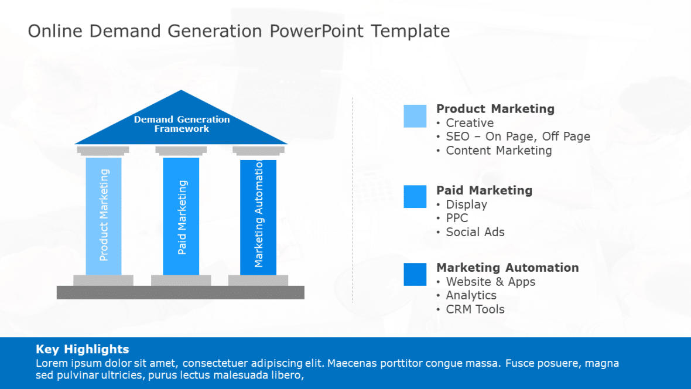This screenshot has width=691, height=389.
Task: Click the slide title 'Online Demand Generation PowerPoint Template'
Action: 239,31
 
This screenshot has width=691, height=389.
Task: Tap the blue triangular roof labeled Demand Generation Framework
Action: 182,124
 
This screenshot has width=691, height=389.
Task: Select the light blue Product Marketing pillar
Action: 104,216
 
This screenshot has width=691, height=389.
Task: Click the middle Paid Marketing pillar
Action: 181,216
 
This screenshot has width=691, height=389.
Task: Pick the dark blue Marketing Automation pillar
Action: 258,216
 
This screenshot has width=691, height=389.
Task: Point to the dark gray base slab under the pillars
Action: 180,292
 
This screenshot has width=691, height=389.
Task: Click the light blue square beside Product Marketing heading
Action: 415,116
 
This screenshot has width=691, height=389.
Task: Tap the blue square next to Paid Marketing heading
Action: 415,196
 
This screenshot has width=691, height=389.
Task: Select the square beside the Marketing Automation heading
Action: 415,274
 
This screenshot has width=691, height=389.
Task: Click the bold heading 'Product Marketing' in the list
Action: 495,109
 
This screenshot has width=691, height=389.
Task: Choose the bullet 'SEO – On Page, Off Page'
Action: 518,137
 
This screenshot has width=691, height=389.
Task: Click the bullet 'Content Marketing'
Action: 498,151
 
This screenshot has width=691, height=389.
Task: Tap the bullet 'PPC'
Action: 457,218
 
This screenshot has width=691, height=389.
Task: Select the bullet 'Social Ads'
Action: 475,232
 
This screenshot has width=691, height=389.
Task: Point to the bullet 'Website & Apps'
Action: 490,282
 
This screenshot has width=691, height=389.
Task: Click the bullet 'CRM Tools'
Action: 475,309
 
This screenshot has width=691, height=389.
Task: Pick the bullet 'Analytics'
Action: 471,295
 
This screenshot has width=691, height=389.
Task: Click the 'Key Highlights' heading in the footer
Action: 83,349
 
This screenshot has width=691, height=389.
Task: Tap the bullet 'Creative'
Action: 470,123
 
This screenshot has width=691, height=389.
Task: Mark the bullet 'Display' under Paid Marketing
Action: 466,204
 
